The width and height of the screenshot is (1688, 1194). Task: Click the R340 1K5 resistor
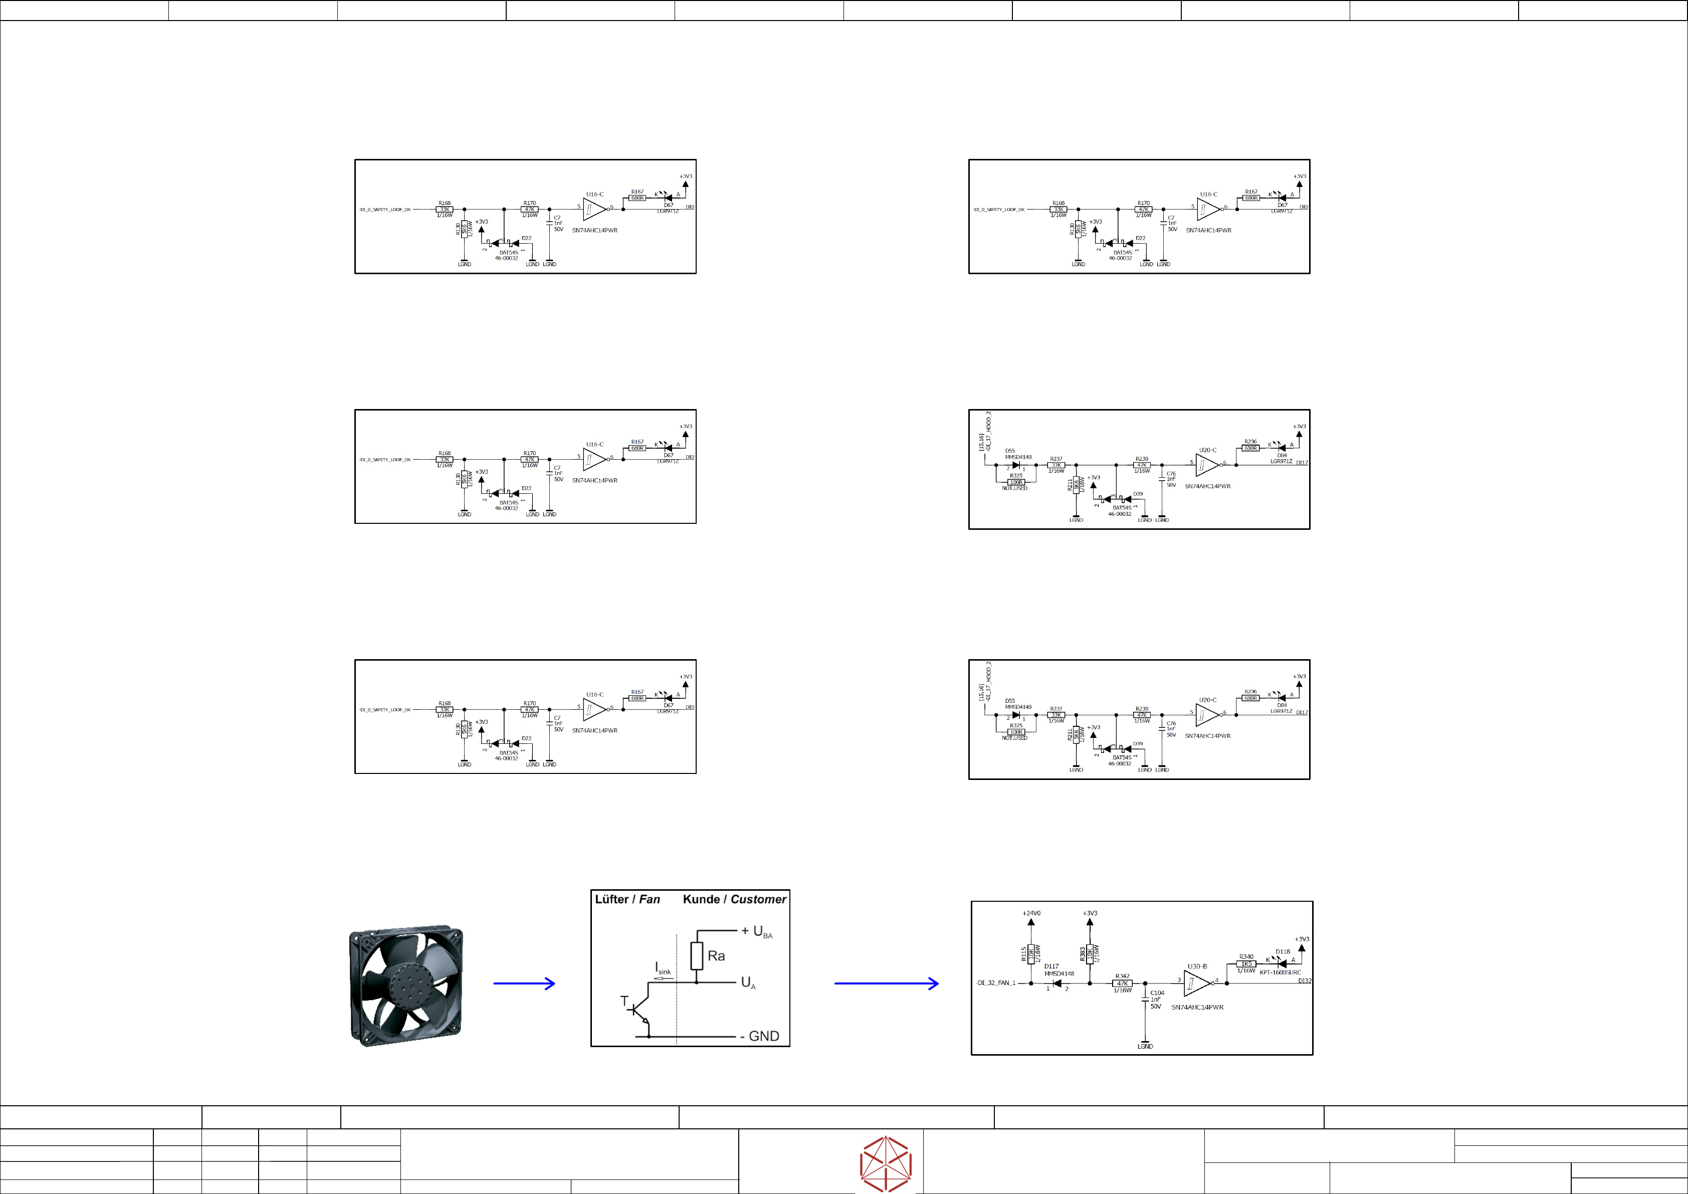pyautogui.click(x=1245, y=963)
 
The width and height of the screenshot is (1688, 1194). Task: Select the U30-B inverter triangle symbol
pyautogui.click(x=1196, y=983)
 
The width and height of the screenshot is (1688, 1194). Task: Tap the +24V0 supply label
pyautogui.click(x=1031, y=913)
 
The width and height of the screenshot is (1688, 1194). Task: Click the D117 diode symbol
pyautogui.click(x=1057, y=983)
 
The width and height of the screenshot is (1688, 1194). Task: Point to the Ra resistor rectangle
pyautogui.click(x=697, y=956)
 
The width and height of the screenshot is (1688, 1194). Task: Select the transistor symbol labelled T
pyautogui.click(x=638, y=1012)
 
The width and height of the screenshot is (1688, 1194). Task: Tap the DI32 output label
pyautogui.click(x=1304, y=981)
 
